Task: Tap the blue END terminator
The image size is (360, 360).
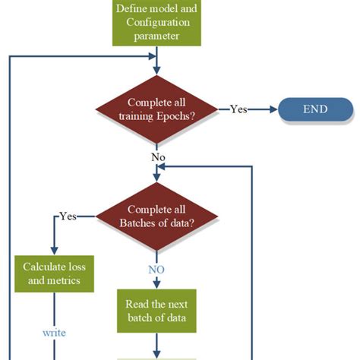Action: click(x=314, y=109)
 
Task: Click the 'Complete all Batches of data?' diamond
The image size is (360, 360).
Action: click(x=156, y=216)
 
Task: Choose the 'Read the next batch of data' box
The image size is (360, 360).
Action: click(x=156, y=311)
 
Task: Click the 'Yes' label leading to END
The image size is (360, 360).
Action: click(x=238, y=109)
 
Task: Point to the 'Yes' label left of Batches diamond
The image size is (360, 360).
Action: click(x=68, y=216)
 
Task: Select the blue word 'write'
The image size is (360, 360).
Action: click(x=54, y=333)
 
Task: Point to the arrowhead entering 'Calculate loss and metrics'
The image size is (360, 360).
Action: click(x=53, y=251)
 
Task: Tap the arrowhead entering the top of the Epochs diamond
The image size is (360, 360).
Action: click(x=156, y=72)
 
